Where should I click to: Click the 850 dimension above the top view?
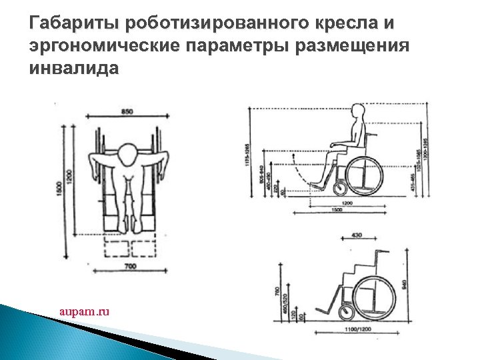click(x=127, y=111)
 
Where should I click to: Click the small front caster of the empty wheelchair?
click(x=346, y=311)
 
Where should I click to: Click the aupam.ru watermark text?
click(x=84, y=311)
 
